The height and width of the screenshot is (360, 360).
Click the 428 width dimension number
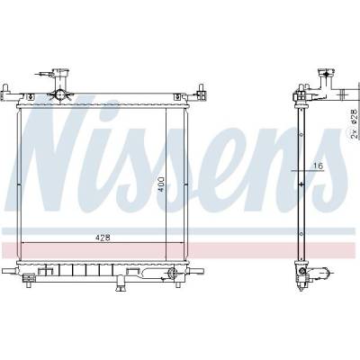103,238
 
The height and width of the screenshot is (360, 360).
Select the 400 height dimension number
161,184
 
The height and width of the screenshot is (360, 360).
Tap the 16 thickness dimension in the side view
319,166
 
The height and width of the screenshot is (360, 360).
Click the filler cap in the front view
60,72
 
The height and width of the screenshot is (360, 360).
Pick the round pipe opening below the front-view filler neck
59,94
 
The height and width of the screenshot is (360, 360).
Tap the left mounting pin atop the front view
5,89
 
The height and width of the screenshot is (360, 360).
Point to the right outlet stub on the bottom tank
196,271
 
